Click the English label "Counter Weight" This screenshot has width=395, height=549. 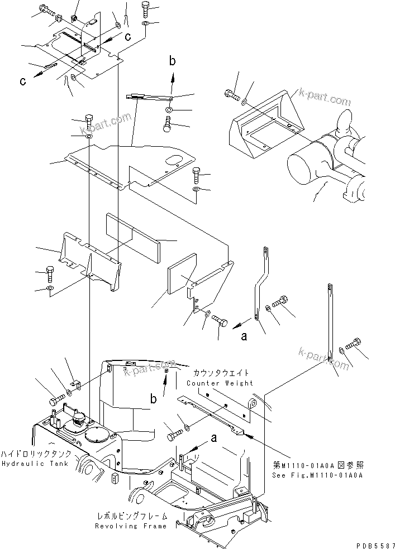pos(220,383)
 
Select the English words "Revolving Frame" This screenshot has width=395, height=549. pos(130,526)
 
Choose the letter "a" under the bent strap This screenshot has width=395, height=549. pos(244,337)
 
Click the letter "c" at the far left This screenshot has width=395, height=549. pos(22,81)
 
